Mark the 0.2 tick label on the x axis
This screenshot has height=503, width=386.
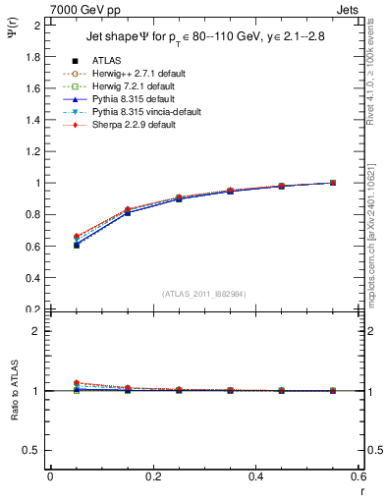(152, 476)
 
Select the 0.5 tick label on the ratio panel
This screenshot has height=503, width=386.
(30, 450)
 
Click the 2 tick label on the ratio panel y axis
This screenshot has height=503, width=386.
(35, 331)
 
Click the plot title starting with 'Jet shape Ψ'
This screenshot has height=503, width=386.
(200, 39)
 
